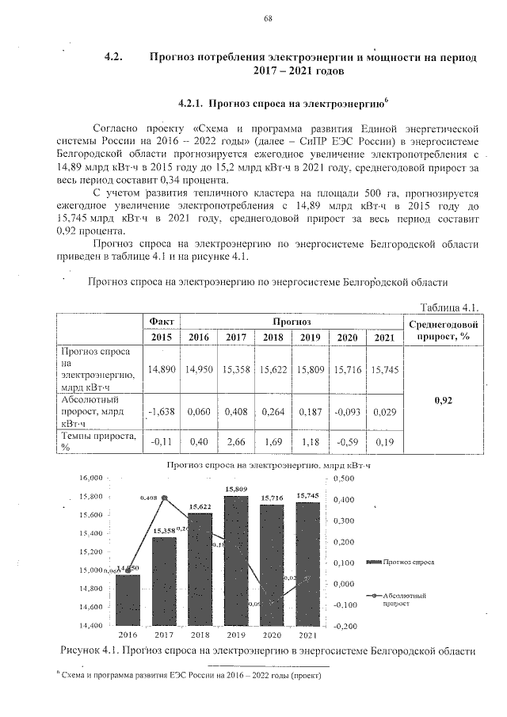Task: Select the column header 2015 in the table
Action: (x=162, y=337)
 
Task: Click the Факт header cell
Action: (x=162, y=321)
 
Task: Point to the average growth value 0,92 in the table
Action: (x=443, y=400)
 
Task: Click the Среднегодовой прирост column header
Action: (x=443, y=330)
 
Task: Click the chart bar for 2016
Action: (x=128, y=599)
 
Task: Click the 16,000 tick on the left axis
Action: (x=92, y=479)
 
